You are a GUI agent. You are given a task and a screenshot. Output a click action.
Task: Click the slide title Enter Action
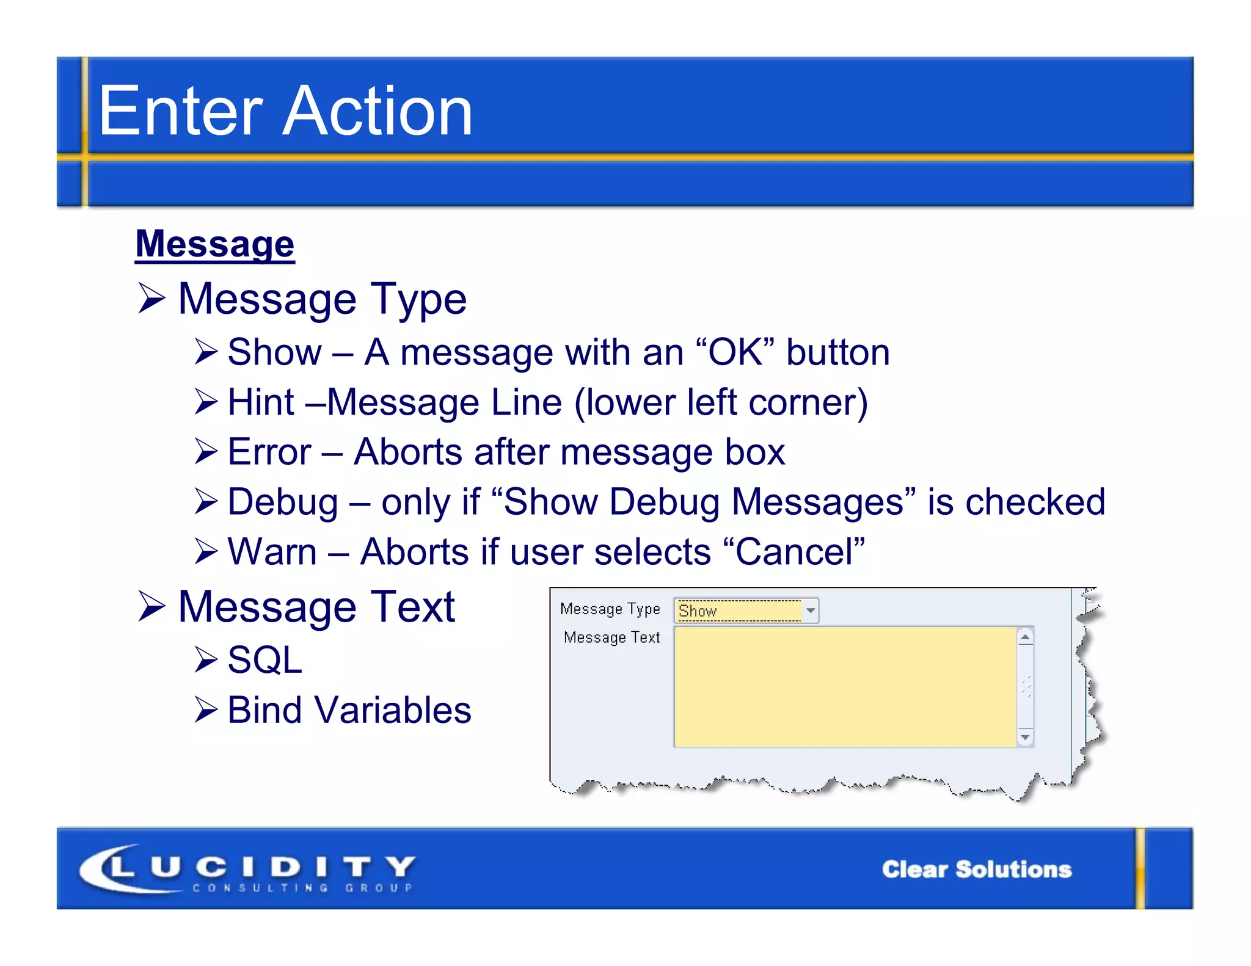coord(285,111)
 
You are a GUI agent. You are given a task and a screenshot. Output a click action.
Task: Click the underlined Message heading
coord(215,244)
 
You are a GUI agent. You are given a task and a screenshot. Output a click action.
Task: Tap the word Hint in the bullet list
coord(261,402)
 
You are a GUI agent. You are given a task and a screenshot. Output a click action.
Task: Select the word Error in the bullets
coord(269,452)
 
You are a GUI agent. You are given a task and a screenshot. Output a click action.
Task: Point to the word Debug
coord(282,503)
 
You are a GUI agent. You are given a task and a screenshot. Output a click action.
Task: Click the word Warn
coord(272,552)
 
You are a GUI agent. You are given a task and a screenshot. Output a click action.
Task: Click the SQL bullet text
coord(264,660)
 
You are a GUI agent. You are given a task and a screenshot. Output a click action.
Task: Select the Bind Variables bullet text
coord(349,710)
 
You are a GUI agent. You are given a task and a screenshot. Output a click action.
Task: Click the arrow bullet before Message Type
coord(151,299)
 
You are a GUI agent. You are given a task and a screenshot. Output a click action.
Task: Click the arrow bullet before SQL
coord(206,660)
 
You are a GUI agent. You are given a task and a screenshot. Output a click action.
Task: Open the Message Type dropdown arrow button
coord(811,611)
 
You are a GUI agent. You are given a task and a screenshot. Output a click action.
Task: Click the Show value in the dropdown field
coord(698,611)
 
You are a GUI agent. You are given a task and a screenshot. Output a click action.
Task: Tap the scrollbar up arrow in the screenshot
coord(1026,637)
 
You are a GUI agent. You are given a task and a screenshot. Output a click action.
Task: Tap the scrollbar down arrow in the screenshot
coord(1026,738)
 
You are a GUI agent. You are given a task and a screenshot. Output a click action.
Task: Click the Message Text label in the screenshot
coord(611,637)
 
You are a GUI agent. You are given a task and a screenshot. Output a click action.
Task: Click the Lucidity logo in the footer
coord(247,868)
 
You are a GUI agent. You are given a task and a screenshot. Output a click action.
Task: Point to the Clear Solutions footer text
coord(976,869)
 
